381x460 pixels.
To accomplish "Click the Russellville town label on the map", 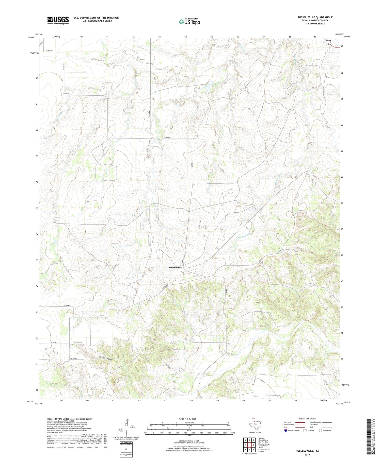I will pyautogui.click(x=175, y=267).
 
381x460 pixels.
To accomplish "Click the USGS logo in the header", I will pyautogui.click(x=58, y=20).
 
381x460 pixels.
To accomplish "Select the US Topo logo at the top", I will pyautogui.click(x=189, y=22).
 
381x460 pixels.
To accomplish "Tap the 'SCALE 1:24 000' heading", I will pyautogui.click(x=187, y=419).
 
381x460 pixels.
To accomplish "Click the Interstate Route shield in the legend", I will pyautogui.click(x=286, y=431).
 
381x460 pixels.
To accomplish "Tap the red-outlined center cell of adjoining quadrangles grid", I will pyautogui.click(x=249, y=445).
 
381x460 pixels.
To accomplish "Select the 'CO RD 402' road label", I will pyautogui.click(x=49, y=51).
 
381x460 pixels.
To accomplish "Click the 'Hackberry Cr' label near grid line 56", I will pyautogui.click(x=244, y=235).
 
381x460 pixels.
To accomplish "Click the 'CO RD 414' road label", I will pyautogui.click(x=55, y=343).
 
